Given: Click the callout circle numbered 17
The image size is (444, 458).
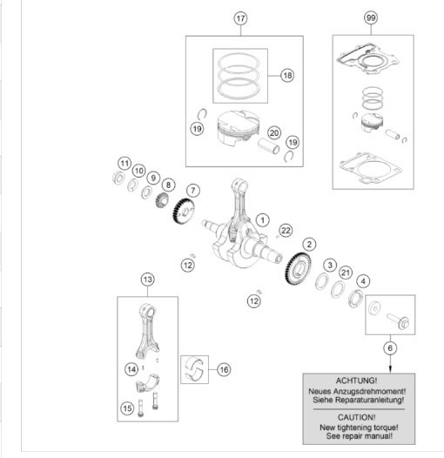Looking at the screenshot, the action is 240,18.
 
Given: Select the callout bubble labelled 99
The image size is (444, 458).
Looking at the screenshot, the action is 371,17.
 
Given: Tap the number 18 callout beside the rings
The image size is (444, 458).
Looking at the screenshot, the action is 287,76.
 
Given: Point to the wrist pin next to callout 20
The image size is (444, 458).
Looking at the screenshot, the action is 269,145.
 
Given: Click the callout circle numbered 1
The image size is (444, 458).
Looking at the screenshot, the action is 263,220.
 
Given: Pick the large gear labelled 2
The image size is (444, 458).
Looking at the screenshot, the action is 298,268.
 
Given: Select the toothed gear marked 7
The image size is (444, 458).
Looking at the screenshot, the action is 184,212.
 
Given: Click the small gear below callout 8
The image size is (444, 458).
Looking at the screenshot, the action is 162,200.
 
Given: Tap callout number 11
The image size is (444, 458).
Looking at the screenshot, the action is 124,164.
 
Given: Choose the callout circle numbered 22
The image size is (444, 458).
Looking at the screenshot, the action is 286,231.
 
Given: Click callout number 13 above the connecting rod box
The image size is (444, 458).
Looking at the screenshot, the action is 147,280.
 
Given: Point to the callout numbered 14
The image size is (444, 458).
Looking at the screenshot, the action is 131,369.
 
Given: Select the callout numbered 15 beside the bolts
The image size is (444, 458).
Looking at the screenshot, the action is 127,408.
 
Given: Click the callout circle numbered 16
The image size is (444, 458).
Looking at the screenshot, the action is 224,369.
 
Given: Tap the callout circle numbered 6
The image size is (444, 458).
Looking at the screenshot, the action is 390,348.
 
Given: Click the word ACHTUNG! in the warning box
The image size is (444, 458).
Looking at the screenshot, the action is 356,381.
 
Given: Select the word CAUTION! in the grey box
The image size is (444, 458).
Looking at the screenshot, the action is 356,417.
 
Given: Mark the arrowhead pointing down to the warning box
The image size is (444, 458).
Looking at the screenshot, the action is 390,369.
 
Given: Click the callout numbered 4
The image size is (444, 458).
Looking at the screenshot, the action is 363,281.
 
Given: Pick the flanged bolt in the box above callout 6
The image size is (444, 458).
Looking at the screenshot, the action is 399,321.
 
